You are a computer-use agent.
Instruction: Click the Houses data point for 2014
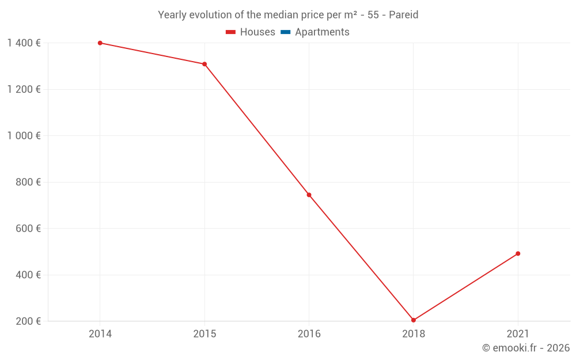click(x=100, y=43)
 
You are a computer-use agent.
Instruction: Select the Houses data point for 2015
click(x=204, y=64)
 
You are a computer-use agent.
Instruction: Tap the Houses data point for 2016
click(x=309, y=195)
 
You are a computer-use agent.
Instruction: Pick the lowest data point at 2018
click(x=414, y=320)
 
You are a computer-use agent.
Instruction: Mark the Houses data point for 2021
click(x=518, y=253)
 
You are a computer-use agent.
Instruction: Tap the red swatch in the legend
click(x=230, y=32)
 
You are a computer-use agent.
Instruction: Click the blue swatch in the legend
click(x=285, y=32)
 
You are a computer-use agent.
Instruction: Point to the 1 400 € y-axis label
click(x=24, y=43)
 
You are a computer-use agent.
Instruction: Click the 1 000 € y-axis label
click(x=24, y=136)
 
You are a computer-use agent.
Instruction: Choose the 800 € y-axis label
click(x=27, y=182)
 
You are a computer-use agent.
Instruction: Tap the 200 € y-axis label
click(x=27, y=321)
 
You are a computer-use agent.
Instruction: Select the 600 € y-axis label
click(x=27, y=229)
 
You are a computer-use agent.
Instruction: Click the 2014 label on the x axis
click(x=100, y=334)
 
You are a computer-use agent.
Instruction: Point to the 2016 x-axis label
click(x=309, y=334)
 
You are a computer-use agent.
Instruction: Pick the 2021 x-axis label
click(x=518, y=334)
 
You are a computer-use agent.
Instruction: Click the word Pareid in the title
click(x=403, y=15)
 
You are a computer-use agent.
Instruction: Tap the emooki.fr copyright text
click(x=526, y=348)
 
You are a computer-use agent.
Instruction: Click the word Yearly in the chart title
click(x=172, y=15)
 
